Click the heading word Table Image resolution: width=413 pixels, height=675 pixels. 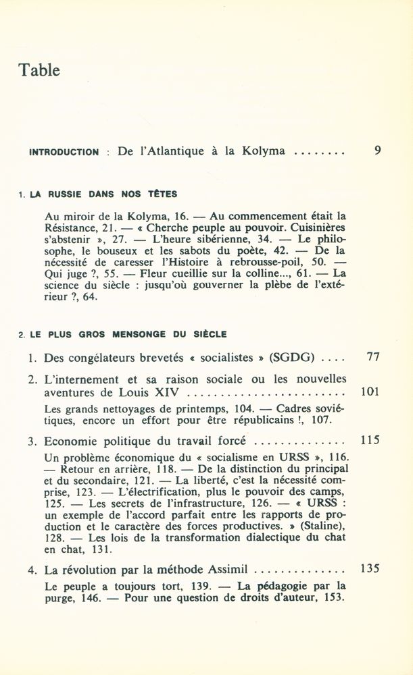pyautogui.click(x=39, y=70)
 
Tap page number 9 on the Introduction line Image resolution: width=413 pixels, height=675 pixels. pyautogui.click(x=377, y=151)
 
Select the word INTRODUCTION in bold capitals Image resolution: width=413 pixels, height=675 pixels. pyautogui.click(x=64, y=153)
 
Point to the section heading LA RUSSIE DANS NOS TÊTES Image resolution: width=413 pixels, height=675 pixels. pyautogui.click(x=102, y=194)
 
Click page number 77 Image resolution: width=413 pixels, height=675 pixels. pyautogui.click(x=372, y=357)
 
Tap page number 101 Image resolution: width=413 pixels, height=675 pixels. pyautogui.click(x=370, y=391)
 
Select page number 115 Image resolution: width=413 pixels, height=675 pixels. pyautogui.click(x=370, y=441)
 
